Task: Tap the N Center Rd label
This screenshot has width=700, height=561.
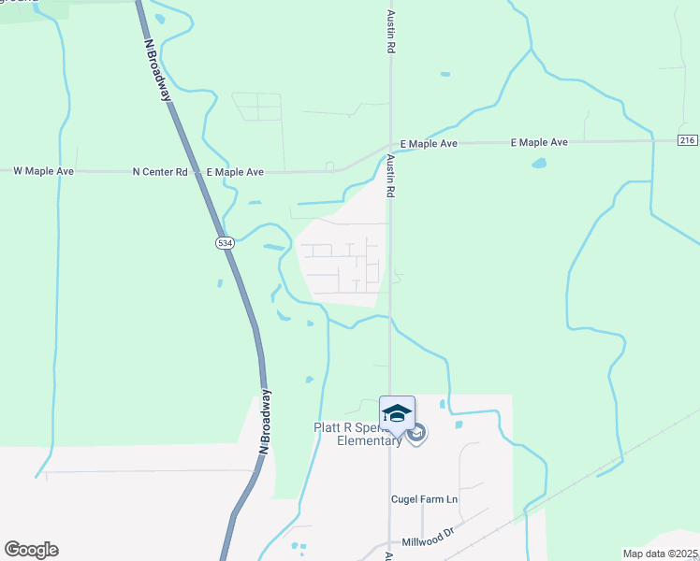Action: (x=160, y=172)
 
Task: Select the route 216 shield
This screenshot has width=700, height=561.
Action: (x=688, y=140)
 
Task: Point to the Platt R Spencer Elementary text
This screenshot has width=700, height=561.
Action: (x=356, y=435)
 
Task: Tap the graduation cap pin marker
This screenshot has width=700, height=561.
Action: (x=397, y=413)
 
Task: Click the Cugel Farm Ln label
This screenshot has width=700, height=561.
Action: (x=424, y=499)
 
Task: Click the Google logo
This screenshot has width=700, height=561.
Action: (x=31, y=550)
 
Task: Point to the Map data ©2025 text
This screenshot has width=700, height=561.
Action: (x=661, y=554)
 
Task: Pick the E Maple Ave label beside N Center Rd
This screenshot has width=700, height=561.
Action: (x=234, y=172)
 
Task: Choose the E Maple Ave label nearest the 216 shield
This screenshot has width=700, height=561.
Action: (x=539, y=142)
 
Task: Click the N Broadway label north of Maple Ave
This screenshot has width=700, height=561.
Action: (x=160, y=69)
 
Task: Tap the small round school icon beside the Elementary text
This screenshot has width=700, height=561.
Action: (x=417, y=432)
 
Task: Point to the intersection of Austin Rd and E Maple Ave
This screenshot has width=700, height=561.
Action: (x=390, y=146)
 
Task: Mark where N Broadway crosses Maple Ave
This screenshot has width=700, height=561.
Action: (x=197, y=172)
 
